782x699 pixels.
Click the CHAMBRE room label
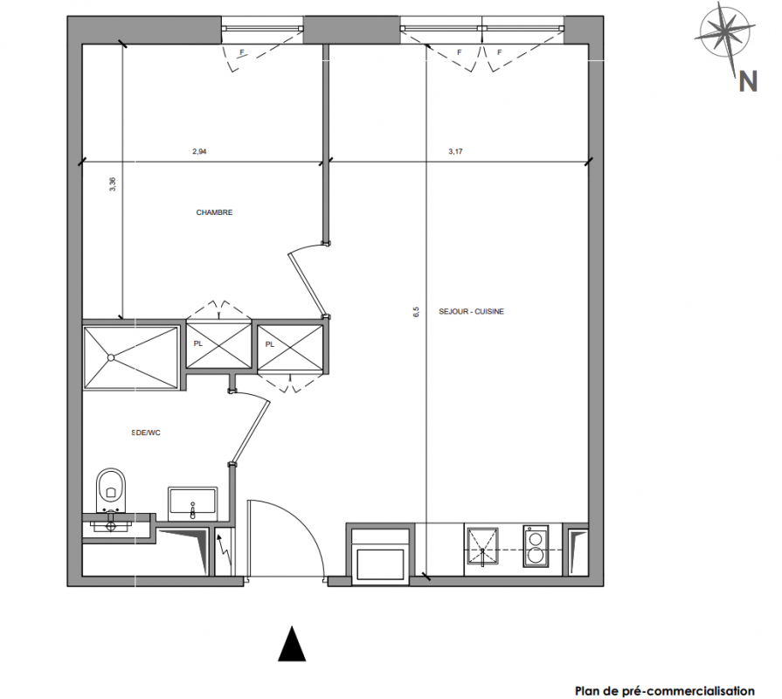pyautogui.click(x=214, y=212)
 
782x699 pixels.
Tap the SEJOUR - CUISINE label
pyautogui.click(x=471, y=312)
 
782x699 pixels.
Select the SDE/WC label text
pyautogui.click(x=146, y=433)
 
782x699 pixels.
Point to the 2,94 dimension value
pyautogui.click(x=199, y=151)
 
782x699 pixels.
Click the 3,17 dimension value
pyautogui.click(x=455, y=151)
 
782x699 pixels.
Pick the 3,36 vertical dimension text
pyautogui.click(x=114, y=184)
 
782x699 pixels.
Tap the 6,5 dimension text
pyautogui.click(x=417, y=312)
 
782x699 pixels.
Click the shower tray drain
pyautogui.click(x=111, y=357)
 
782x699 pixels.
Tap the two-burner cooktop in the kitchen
pyautogui.click(x=536, y=546)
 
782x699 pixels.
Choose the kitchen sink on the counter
pyautogui.click(x=482, y=547)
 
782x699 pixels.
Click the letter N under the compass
pyautogui.click(x=748, y=80)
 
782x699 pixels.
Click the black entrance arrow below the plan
pyautogui.click(x=292, y=644)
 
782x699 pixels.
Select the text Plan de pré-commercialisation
pyautogui.click(x=665, y=691)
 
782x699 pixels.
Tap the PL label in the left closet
pyautogui.click(x=198, y=344)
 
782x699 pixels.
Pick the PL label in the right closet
pyautogui.click(x=270, y=344)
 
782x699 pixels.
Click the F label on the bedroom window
pyautogui.click(x=242, y=52)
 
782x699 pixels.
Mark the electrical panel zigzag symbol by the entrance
pyautogui.click(x=224, y=552)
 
